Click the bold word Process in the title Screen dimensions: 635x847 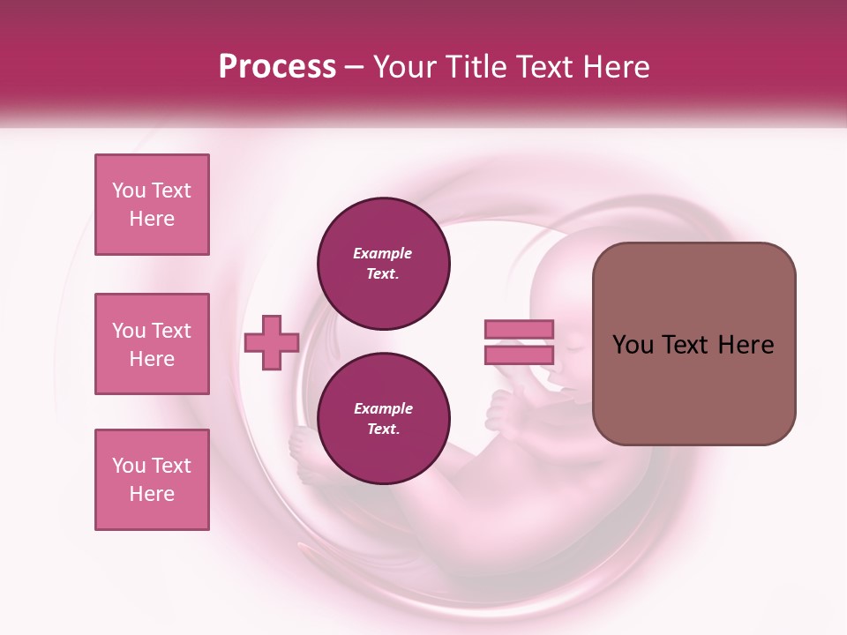(x=277, y=66)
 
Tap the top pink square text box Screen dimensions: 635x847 (x=152, y=205)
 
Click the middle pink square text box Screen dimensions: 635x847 (x=152, y=344)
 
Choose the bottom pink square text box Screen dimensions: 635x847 (x=152, y=480)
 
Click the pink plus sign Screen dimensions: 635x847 (x=272, y=342)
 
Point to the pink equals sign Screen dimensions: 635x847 (x=519, y=342)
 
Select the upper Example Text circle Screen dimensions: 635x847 (x=384, y=263)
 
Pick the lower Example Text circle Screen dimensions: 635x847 (x=384, y=418)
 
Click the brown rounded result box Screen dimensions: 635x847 (x=693, y=344)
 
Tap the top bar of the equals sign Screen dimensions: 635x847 (x=519, y=329)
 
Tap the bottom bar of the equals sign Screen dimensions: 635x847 (x=519, y=355)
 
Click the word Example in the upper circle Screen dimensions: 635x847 (x=383, y=253)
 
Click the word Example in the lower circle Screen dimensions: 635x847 (x=383, y=408)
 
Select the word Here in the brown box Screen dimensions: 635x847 (x=746, y=345)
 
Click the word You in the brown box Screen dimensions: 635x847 (x=632, y=345)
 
